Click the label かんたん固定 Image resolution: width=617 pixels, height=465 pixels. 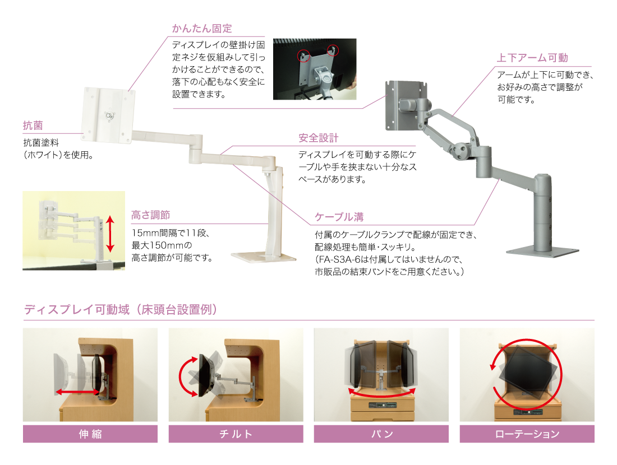pos(202,28)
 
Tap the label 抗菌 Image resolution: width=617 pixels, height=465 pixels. pos(33,125)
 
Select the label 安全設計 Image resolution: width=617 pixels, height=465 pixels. pos(319,138)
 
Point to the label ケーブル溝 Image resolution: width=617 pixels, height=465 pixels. pos(339,217)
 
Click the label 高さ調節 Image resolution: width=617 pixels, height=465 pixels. pos(150,215)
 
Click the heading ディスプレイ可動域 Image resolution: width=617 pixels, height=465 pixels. pos(121,309)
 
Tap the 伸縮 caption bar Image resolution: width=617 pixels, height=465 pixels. pos(90,434)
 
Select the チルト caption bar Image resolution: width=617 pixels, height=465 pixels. pos(236,434)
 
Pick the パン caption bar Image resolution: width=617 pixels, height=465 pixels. pos(381,434)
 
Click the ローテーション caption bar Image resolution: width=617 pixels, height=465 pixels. pos(527,434)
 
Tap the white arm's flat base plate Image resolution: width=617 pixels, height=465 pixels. pos(263,257)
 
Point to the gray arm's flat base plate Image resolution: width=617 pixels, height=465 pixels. pos(542,252)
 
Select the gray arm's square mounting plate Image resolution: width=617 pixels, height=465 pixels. pos(406,105)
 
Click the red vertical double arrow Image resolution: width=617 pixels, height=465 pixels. pos(110,235)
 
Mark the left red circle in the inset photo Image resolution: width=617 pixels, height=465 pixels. pos(303,56)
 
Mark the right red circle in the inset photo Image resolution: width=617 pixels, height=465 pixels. pos(333,50)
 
